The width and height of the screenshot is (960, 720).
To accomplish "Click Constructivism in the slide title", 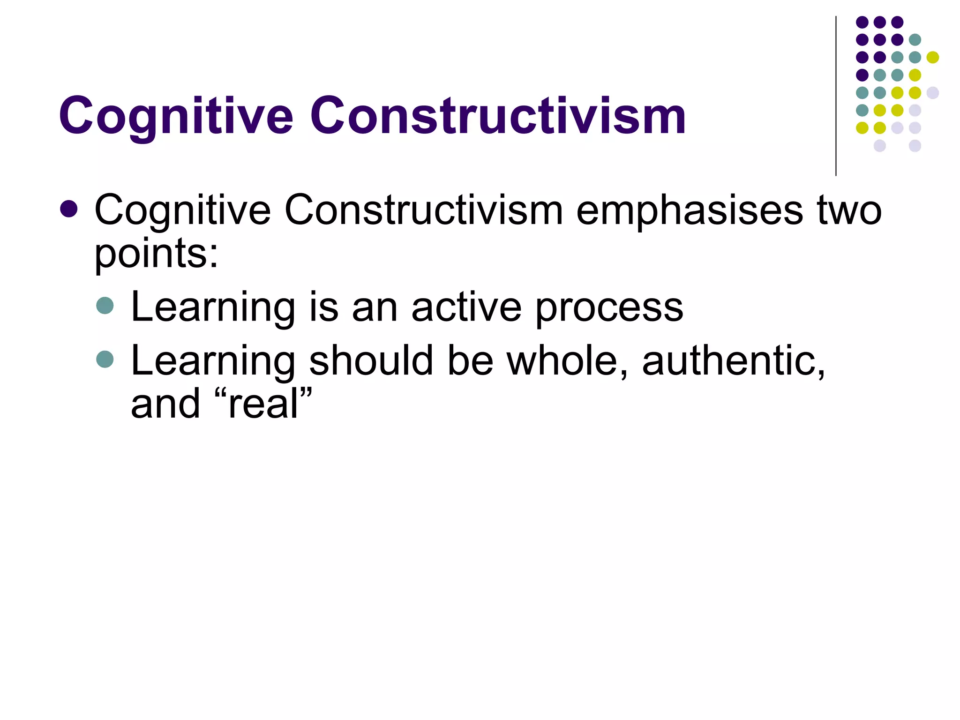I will click(x=498, y=116).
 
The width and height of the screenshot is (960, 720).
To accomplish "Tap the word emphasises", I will click(x=689, y=210).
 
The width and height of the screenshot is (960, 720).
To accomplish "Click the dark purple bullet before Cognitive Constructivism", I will click(x=69, y=209).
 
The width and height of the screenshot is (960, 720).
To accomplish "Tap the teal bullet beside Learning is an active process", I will click(x=105, y=306).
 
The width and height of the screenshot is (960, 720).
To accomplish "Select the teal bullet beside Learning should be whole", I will click(x=105, y=360).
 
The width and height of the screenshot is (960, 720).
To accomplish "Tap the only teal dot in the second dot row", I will click(x=915, y=40).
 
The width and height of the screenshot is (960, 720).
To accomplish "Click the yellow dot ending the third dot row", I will click(x=932, y=57).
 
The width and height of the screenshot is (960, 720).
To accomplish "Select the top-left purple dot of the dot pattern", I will click(x=862, y=22).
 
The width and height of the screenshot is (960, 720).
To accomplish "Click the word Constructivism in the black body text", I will click(x=423, y=210).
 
